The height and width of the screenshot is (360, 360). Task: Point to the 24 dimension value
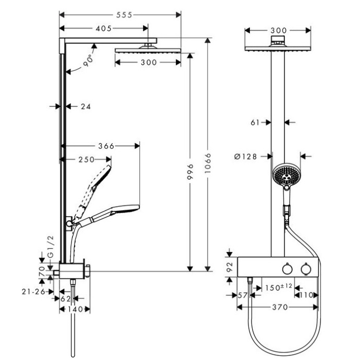(x=86, y=106)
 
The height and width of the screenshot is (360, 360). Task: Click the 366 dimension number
(x=106, y=146)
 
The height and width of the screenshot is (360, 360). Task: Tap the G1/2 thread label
(x=51, y=248)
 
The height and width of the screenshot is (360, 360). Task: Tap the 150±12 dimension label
(x=278, y=287)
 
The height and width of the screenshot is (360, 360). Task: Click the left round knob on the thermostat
(x=286, y=269)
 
